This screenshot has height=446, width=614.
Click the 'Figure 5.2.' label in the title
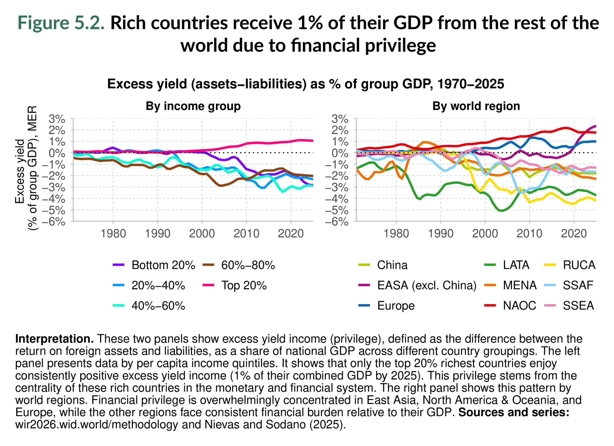[x=61, y=23]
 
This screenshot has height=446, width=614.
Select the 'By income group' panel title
[x=193, y=106]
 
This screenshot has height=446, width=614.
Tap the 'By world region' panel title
[x=476, y=106]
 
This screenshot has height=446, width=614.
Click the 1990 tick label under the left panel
[x=158, y=234]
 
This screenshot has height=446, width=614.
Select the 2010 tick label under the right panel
[x=529, y=234]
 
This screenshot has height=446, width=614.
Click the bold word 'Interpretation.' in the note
[x=54, y=339]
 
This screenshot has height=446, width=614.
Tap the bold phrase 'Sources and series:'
[x=514, y=412]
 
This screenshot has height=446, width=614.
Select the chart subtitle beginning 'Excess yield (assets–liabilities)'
[x=305, y=84]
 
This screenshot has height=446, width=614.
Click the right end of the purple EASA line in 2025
[x=595, y=126]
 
